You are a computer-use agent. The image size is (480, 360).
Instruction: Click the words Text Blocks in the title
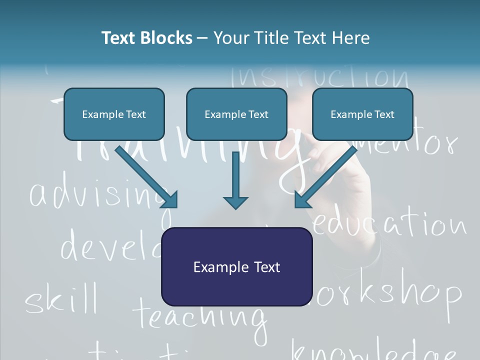[146, 38]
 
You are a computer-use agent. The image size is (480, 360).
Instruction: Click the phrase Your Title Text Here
[291, 38]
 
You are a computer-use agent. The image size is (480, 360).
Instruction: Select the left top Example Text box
[114, 114]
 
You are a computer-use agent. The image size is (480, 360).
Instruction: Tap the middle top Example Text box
[236, 114]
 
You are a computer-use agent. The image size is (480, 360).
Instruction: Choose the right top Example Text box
[362, 114]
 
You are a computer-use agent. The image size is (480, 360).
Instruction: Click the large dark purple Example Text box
[237, 267]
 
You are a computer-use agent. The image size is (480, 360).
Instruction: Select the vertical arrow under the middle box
[235, 180]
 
